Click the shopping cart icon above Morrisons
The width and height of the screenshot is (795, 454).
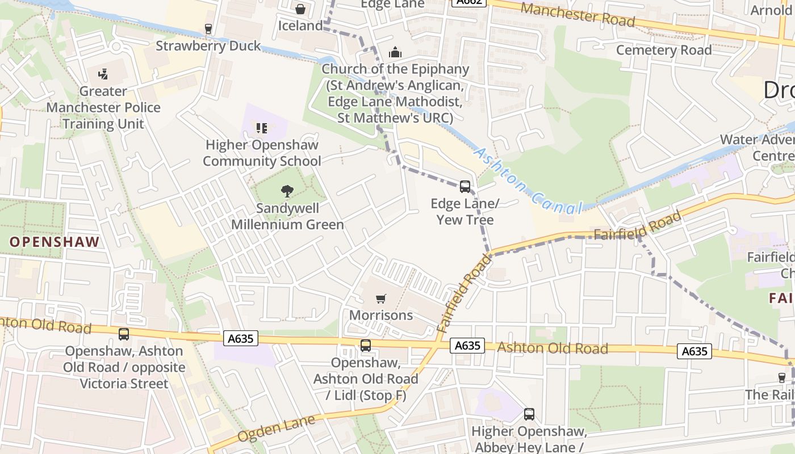(381, 299)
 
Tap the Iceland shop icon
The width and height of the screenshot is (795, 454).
(300, 9)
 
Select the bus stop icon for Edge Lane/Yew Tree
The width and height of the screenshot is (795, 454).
(465, 186)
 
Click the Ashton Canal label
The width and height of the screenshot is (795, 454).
(528, 181)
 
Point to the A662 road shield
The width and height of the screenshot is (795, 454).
(469, 2)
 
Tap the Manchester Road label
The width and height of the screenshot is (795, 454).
(577, 14)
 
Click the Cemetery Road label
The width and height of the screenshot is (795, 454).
(663, 50)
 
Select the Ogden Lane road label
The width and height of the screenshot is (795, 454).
(276, 428)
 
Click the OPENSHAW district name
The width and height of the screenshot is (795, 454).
(55, 242)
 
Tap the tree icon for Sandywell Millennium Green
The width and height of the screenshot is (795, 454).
(287, 191)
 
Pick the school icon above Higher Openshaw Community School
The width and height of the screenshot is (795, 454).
(261, 128)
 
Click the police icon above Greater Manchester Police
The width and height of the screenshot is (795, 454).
(103, 74)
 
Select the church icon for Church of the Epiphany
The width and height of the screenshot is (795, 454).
(395, 53)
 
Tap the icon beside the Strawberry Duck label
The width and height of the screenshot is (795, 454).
(208, 29)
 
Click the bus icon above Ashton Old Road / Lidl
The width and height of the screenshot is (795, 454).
(366, 345)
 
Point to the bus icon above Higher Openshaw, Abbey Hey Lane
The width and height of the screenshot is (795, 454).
(529, 414)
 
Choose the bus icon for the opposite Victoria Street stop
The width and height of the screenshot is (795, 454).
(123, 334)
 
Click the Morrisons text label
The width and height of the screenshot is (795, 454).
(381, 315)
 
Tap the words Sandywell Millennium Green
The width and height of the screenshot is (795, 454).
(287, 216)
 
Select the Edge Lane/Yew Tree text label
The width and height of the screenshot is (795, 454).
(465, 211)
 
